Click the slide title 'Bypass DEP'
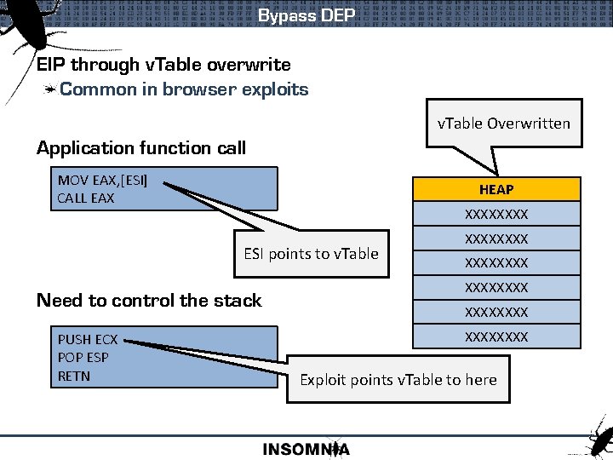(x=306, y=15)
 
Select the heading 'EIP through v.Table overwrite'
(x=163, y=65)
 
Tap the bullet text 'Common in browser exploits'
(x=184, y=89)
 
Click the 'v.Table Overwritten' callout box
(x=503, y=124)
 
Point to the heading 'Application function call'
(x=141, y=148)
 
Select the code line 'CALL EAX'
(x=85, y=198)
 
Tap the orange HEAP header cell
(x=496, y=189)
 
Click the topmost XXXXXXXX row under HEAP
(x=496, y=214)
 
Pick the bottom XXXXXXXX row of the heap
(x=496, y=336)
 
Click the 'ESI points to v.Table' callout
(x=311, y=254)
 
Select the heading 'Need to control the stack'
(x=149, y=300)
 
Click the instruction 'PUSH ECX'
(x=88, y=340)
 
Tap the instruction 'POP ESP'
(x=83, y=358)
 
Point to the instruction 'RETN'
(x=74, y=376)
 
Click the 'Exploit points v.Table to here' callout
(x=398, y=380)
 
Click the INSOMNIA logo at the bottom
(x=306, y=449)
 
